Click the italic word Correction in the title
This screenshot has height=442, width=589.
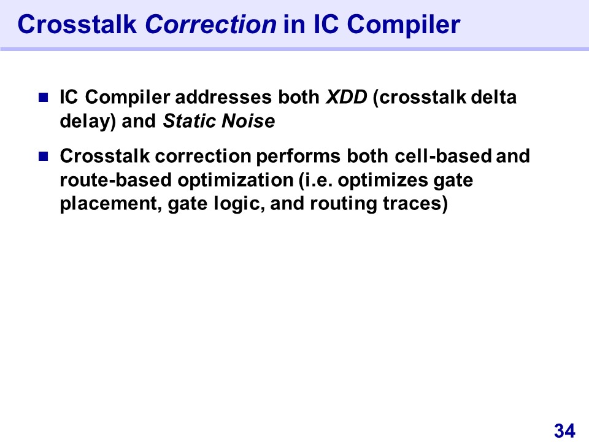click(210, 25)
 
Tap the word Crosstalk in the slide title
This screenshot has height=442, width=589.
click(77, 25)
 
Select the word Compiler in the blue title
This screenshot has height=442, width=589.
click(404, 25)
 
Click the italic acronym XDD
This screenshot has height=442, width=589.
click(346, 97)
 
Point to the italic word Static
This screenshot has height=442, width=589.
click(190, 121)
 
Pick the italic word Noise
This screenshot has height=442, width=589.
click(248, 121)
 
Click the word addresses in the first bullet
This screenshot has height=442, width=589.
click(223, 97)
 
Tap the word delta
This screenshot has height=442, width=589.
click(493, 97)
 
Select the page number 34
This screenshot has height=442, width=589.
click(564, 430)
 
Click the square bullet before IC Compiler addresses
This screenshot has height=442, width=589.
click(44, 98)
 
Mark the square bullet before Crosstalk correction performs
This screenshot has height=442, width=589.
click(44, 156)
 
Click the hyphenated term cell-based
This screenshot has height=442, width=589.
click(443, 156)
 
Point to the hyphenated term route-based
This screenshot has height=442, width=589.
click(116, 180)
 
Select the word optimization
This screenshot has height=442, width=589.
click(236, 180)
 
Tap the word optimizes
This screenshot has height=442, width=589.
click(383, 180)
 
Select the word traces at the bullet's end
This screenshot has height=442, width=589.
click(412, 204)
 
